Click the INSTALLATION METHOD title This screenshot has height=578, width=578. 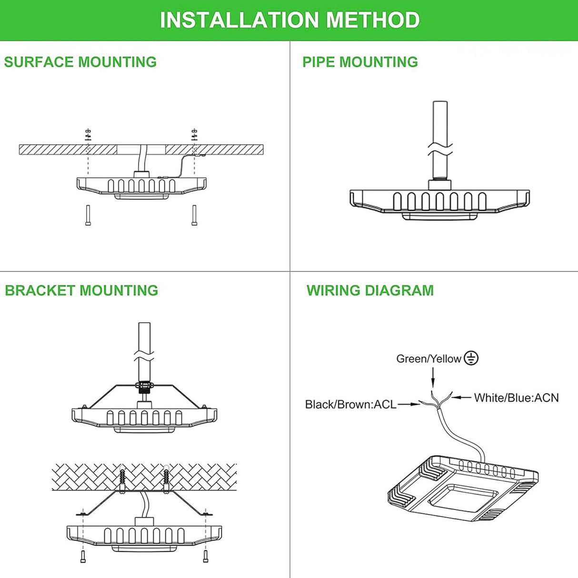coord(289,20)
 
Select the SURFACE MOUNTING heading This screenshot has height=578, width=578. coord(80,62)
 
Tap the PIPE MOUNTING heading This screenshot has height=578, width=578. coord(360,62)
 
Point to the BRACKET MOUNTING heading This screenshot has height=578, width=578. coord(81,290)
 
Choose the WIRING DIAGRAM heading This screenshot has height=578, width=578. coord(370,290)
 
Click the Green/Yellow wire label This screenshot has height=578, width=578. coord(429,359)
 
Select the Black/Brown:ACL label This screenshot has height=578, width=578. coord(350,404)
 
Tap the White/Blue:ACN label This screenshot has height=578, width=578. coord(516,398)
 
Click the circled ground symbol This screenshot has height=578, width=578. coord(471,358)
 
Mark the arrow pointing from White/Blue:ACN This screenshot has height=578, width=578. coord(461,397)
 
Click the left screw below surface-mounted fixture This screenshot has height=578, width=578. coord(88,215)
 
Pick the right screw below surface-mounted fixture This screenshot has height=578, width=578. coord(194,215)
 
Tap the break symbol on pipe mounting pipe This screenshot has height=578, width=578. coord(440,148)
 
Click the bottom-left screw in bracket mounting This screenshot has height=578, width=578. coord(83,556)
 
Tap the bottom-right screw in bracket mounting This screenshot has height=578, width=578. coord(206,556)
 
